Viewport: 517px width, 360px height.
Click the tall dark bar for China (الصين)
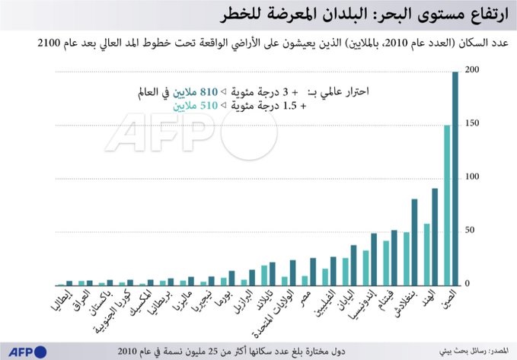click(455, 178)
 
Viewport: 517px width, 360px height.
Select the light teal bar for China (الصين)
click(447, 205)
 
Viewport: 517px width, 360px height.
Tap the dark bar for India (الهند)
click(435, 236)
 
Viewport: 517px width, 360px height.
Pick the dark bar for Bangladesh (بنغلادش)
click(414, 241)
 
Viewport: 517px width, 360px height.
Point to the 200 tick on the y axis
click(472, 70)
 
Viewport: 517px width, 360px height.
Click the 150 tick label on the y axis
click(472, 123)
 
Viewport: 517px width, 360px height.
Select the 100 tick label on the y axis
click(472, 177)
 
